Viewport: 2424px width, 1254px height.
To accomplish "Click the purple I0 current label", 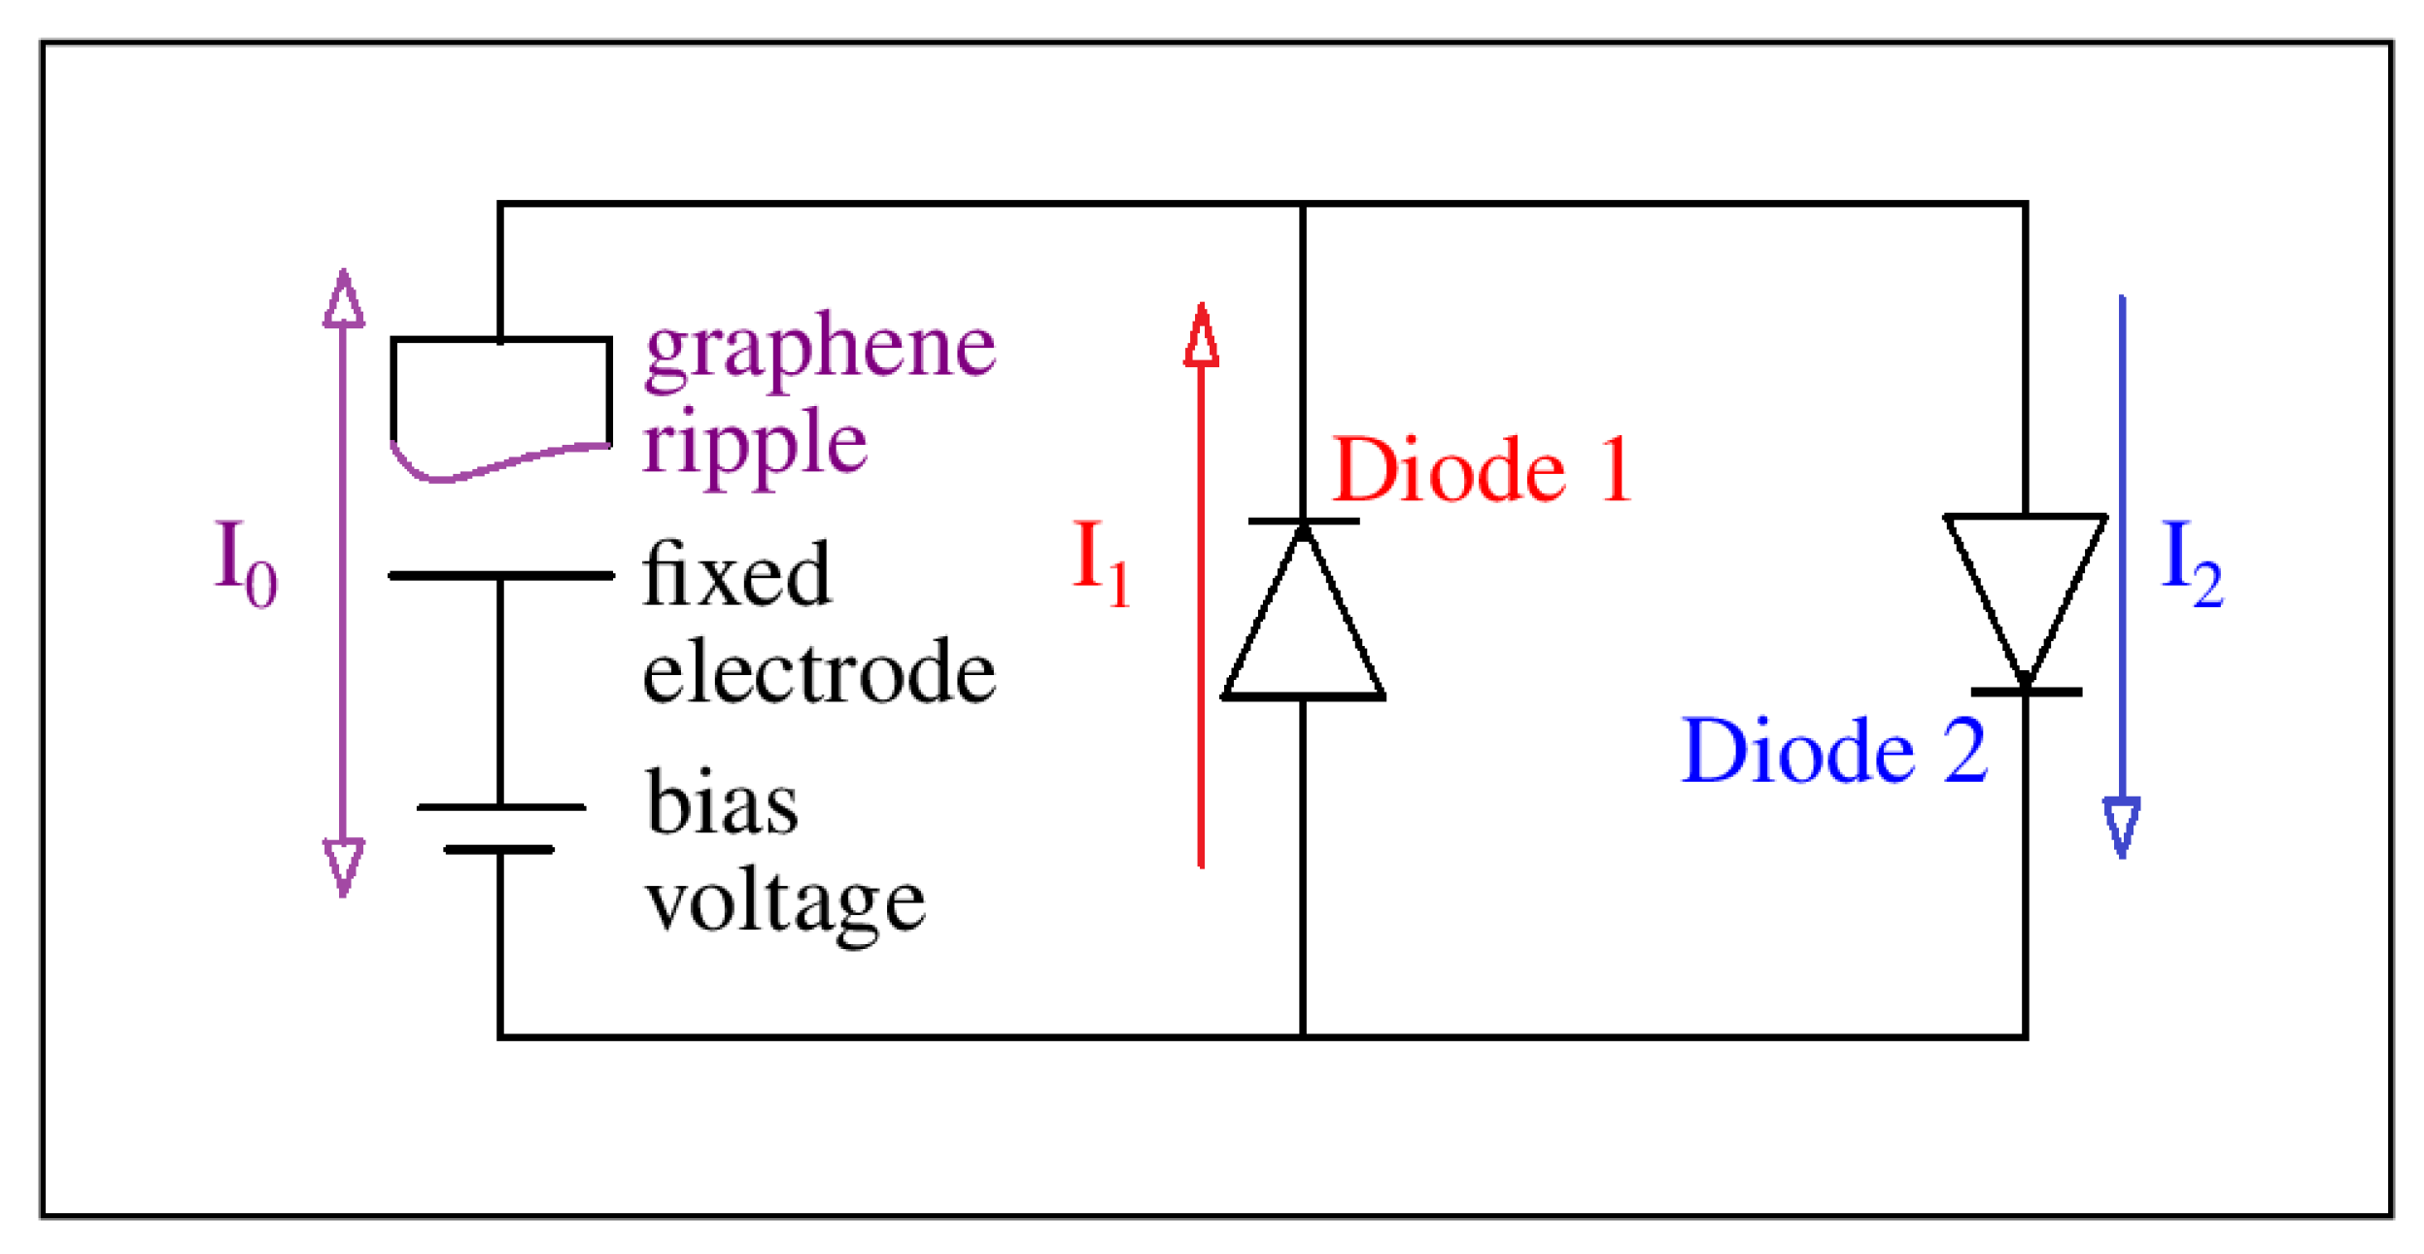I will click(245, 562).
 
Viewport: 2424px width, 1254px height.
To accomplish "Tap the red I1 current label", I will click(1101, 562).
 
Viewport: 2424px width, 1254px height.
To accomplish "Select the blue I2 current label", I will click(2192, 562).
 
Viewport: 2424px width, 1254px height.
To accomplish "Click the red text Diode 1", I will click(1480, 471).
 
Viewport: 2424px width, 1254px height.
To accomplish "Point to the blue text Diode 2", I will click(1833, 752).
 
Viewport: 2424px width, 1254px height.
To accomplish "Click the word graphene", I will click(820, 347).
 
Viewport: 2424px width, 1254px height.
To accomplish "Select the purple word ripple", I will click(754, 443).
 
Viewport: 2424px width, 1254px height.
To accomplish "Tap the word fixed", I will click(736, 575).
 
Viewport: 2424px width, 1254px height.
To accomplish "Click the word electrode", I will click(819, 671).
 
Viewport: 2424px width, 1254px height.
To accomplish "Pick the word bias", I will click(722, 803).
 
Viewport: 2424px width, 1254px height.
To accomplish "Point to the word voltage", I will click(785, 903).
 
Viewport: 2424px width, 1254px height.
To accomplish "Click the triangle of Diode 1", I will click(1303, 631).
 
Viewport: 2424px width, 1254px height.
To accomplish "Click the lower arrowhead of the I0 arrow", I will click(344, 864).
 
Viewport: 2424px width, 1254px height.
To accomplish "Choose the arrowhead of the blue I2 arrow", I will click(2122, 826).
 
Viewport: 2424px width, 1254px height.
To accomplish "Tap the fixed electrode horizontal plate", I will click(501, 576).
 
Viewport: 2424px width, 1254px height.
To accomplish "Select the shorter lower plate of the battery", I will click(499, 850).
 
